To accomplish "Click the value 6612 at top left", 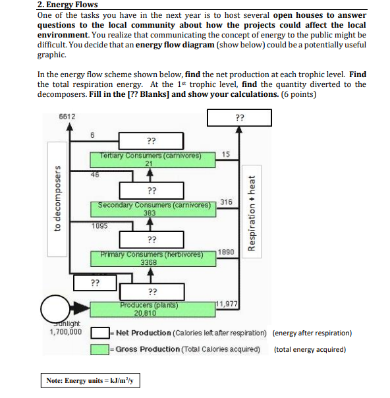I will (x=67, y=116).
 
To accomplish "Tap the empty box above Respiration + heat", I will (x=238, y=119).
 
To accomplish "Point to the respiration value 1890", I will (x=225, y=252).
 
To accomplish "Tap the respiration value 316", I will (x=226, y=202).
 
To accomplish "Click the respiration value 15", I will (x=226, y=154).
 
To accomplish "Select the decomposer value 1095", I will (x=101, y=225).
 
